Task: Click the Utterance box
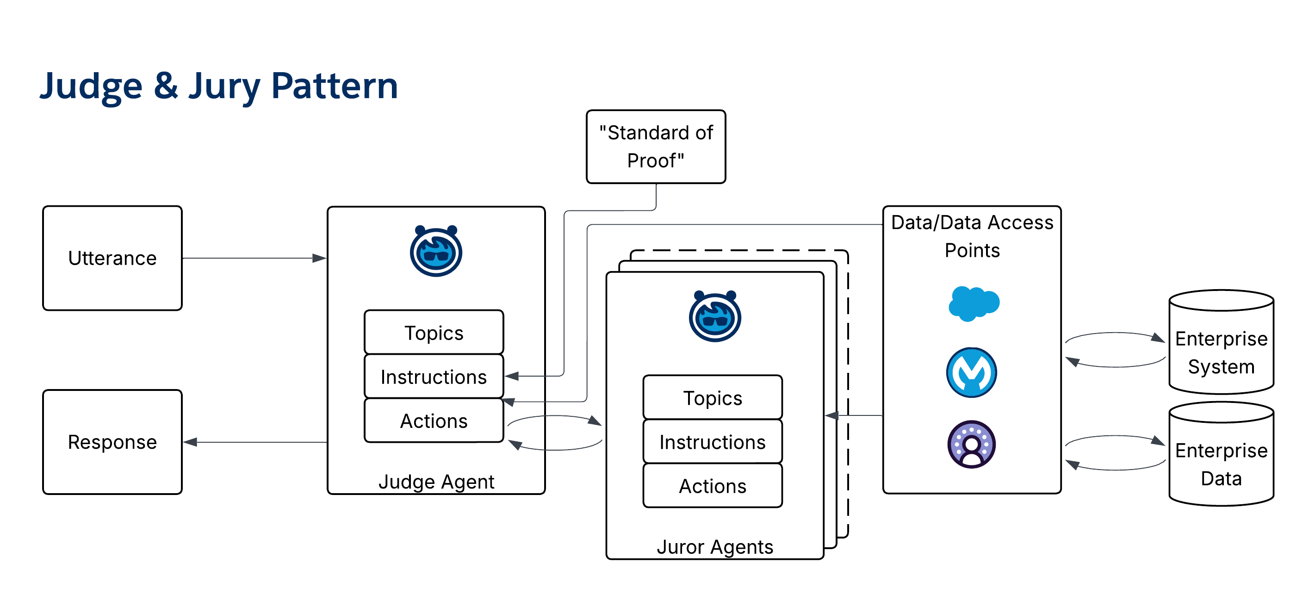click(112, 258)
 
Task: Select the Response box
click(112, 442)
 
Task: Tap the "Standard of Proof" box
click(656, 147)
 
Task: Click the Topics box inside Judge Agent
click(434, 333)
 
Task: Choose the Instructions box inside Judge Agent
click(434, 377)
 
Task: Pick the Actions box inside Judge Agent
click(434, 421)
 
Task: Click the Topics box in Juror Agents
click(713, 398)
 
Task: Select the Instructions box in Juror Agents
click(713, 442)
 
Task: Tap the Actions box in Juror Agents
click(713, 486)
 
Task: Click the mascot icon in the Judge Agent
click(436, 251)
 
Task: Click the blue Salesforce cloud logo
click(974, 303)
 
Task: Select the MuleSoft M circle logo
click(972, 372)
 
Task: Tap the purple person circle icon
click(972, 444)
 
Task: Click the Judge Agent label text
click(436, 482)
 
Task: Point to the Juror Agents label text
click(715, 547)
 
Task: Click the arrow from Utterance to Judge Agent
click(254, 258)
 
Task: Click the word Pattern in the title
click(334, 86)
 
